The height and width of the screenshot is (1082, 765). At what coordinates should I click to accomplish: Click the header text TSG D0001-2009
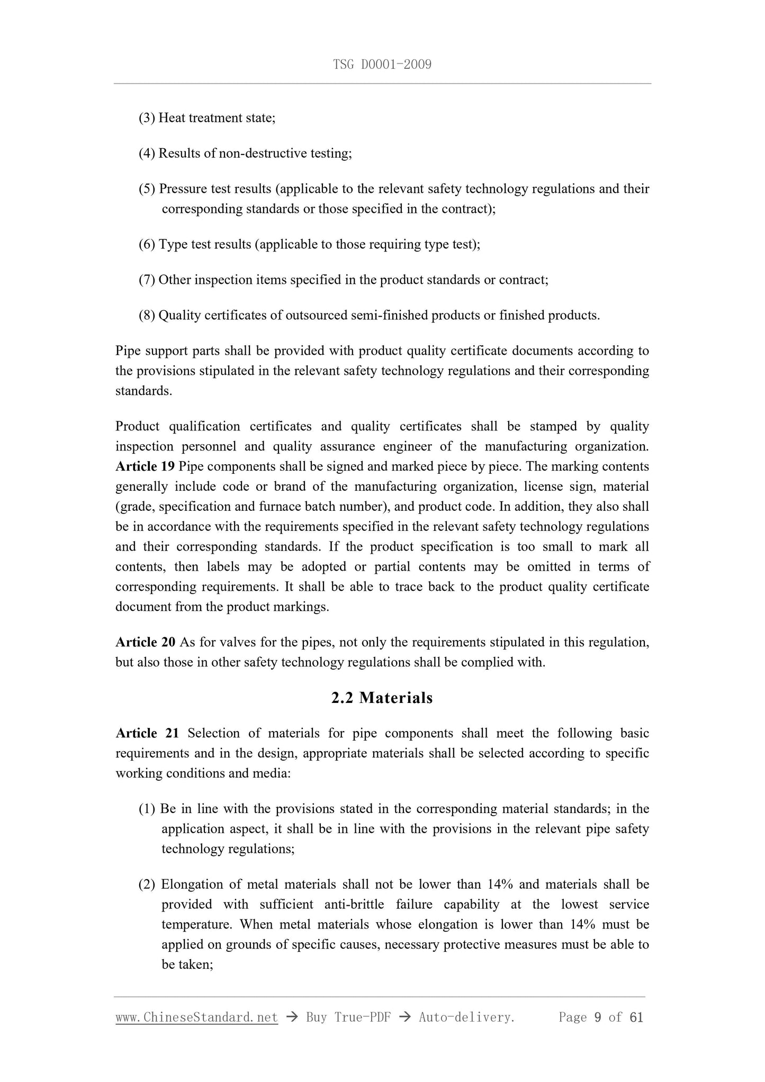[382, 65]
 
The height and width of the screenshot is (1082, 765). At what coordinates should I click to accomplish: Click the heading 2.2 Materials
[382, 698]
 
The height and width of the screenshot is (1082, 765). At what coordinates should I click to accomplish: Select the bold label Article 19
[145, 466]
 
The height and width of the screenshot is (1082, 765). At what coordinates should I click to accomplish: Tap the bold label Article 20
[145, 642]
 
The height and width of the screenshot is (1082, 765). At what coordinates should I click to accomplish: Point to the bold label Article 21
[147, 733]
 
